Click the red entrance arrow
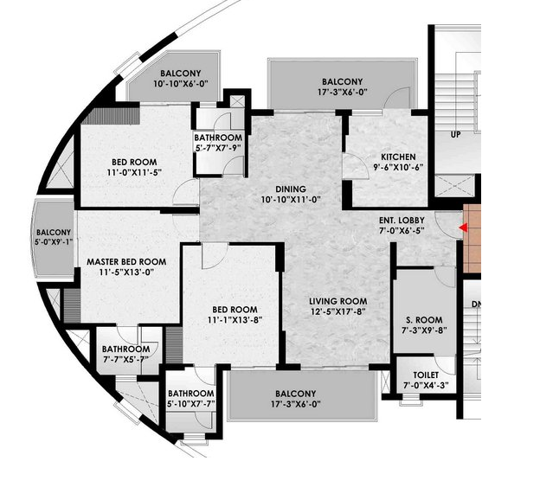pos(463,227)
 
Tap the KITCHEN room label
pos(398,157)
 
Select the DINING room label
pos(291,189)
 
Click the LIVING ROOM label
pos(337,302)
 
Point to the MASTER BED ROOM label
pos(126,262)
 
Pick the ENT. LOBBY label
pos(402,221)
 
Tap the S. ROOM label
pos(424,320)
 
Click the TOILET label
pos(426,375)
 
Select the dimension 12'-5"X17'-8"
pos(337,311)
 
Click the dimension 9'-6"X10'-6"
pos(398,167)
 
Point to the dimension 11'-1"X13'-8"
pos(235,320)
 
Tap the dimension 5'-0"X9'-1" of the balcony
pos(54,242)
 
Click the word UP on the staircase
pos(455,135)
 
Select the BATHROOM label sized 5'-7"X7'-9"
pos(218,138)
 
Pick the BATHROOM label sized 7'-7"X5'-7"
pos(125,349)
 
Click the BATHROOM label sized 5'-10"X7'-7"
pos(190,394)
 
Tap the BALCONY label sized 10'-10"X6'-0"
pos(181,74)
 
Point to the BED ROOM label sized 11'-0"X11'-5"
pos(134,162)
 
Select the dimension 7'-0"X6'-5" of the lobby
pos(402,231)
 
